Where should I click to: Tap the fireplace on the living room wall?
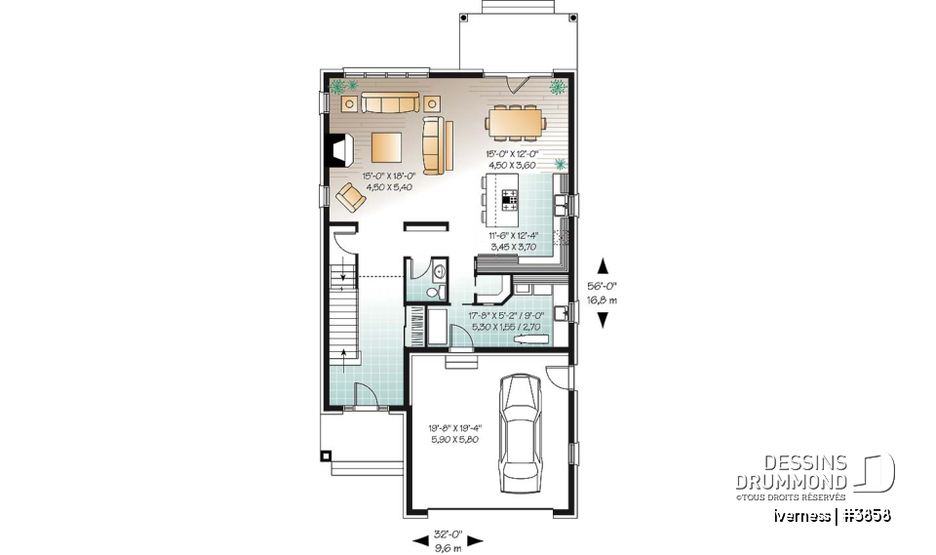(x=337, y=148)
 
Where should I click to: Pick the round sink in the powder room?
(x=439, y=271)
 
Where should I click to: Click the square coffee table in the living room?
(x=386, y=147)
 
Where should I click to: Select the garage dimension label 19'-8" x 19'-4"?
(x=455, y=431)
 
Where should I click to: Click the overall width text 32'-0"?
(x=449, y=535)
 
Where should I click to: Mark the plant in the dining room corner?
(x=557, y=88)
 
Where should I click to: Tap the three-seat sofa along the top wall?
(x=389, y=101)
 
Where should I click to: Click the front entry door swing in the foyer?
(x=364, y=393)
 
